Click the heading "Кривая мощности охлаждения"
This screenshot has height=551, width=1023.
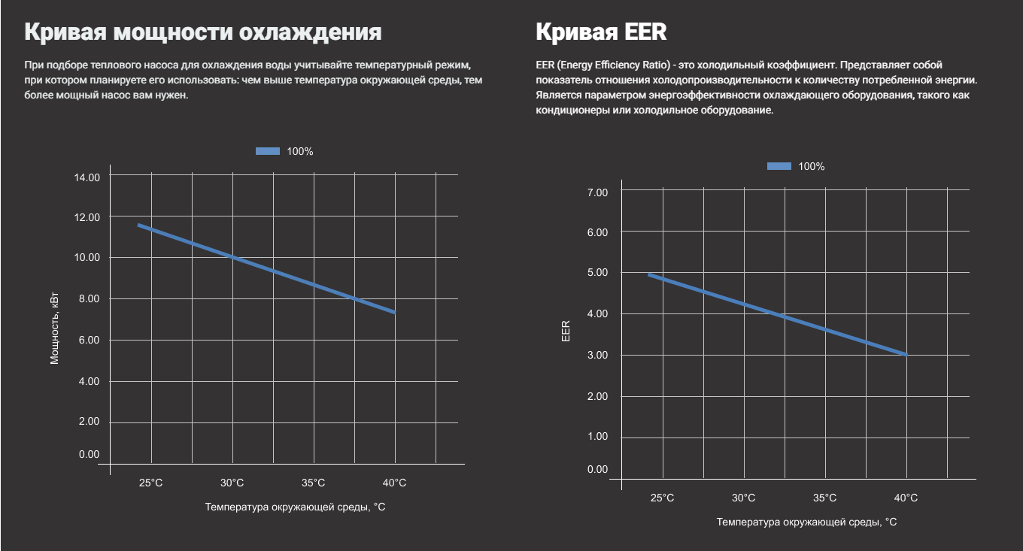[x=202, y=32]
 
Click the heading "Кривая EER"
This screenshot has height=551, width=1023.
[x=600, y=32]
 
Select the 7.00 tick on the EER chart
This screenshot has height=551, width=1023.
[x=597, y=192]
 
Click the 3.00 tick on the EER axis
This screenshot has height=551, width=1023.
[x=597, y=355]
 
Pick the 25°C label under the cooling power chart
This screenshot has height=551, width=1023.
[x=150, y=483]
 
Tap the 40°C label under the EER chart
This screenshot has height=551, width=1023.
[x=906, y=498]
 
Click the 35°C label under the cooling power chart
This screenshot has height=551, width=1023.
[x=313, y=483]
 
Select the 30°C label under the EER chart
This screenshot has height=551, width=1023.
[x=743, y=498]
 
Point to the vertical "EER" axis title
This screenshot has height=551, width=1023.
[x=566, y=331]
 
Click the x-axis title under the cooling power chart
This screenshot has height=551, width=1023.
[x=295, y=507]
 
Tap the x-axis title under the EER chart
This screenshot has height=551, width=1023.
[x=806, y=522]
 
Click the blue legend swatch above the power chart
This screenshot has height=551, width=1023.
[x=268, y=151]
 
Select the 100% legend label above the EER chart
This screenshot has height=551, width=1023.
[x=811, y=166]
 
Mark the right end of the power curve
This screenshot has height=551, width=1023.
[x=394, y=312]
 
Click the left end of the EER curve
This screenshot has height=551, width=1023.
[x=649, y=275]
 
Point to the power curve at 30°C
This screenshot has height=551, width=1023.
[x=232, y=258]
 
